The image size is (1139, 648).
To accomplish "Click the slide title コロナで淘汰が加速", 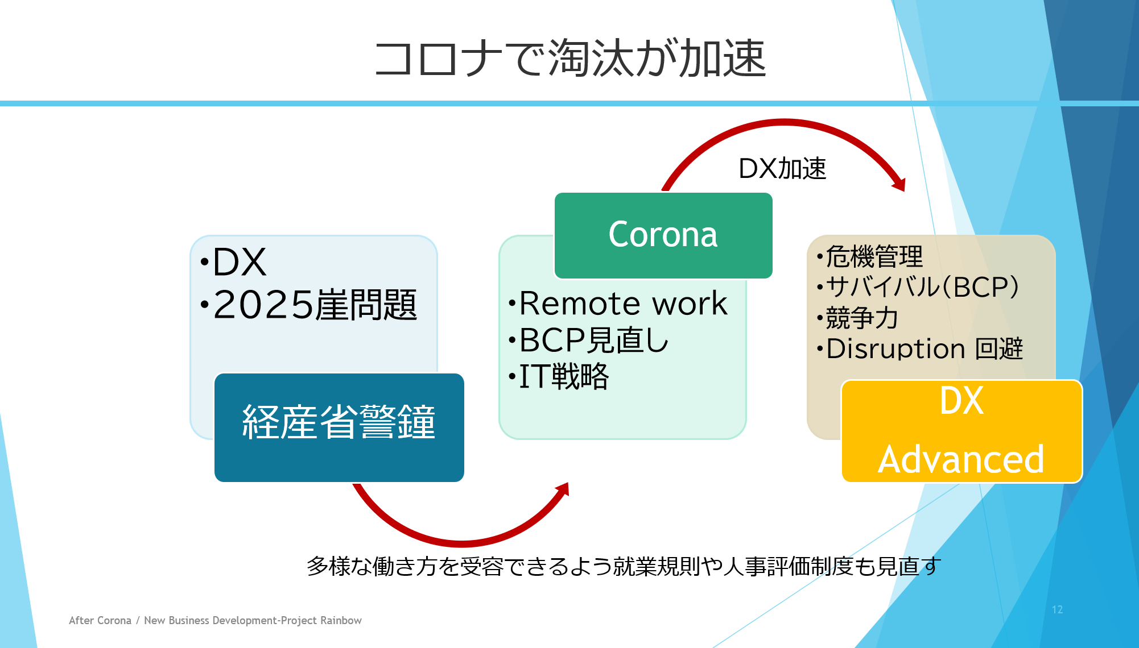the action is click(x=570, y=58).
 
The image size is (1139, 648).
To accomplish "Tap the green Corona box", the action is click(x=663, y=235).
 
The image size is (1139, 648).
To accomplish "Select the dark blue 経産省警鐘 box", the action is click(x=339, y=427).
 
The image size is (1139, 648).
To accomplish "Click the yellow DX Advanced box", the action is click(x=961, y=431).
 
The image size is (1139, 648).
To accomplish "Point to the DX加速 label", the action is click(x=782, y=169).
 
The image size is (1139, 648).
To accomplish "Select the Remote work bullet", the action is click(x=623, y=303).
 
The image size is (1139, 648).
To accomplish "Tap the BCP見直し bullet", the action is click(x=594, y=340).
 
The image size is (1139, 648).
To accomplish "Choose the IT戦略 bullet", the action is click(x=564, y=376).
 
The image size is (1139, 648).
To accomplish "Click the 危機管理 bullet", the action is click(x=874, y=256).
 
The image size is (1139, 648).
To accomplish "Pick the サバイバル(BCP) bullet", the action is click(x=922, y=287).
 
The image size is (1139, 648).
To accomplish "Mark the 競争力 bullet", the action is click(x=862, y=318).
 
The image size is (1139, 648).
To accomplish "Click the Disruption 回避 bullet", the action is click(x=925, y=348).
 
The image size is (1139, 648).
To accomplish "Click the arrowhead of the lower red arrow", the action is click(x=563, y=489).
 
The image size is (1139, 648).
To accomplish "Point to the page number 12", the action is click(x=1057, y=609).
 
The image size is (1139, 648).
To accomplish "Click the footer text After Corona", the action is click(x=100, y=620).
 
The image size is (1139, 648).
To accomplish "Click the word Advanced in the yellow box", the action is click(x=961, y=459).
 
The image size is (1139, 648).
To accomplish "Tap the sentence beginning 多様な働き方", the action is click(x=624, y=566).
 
